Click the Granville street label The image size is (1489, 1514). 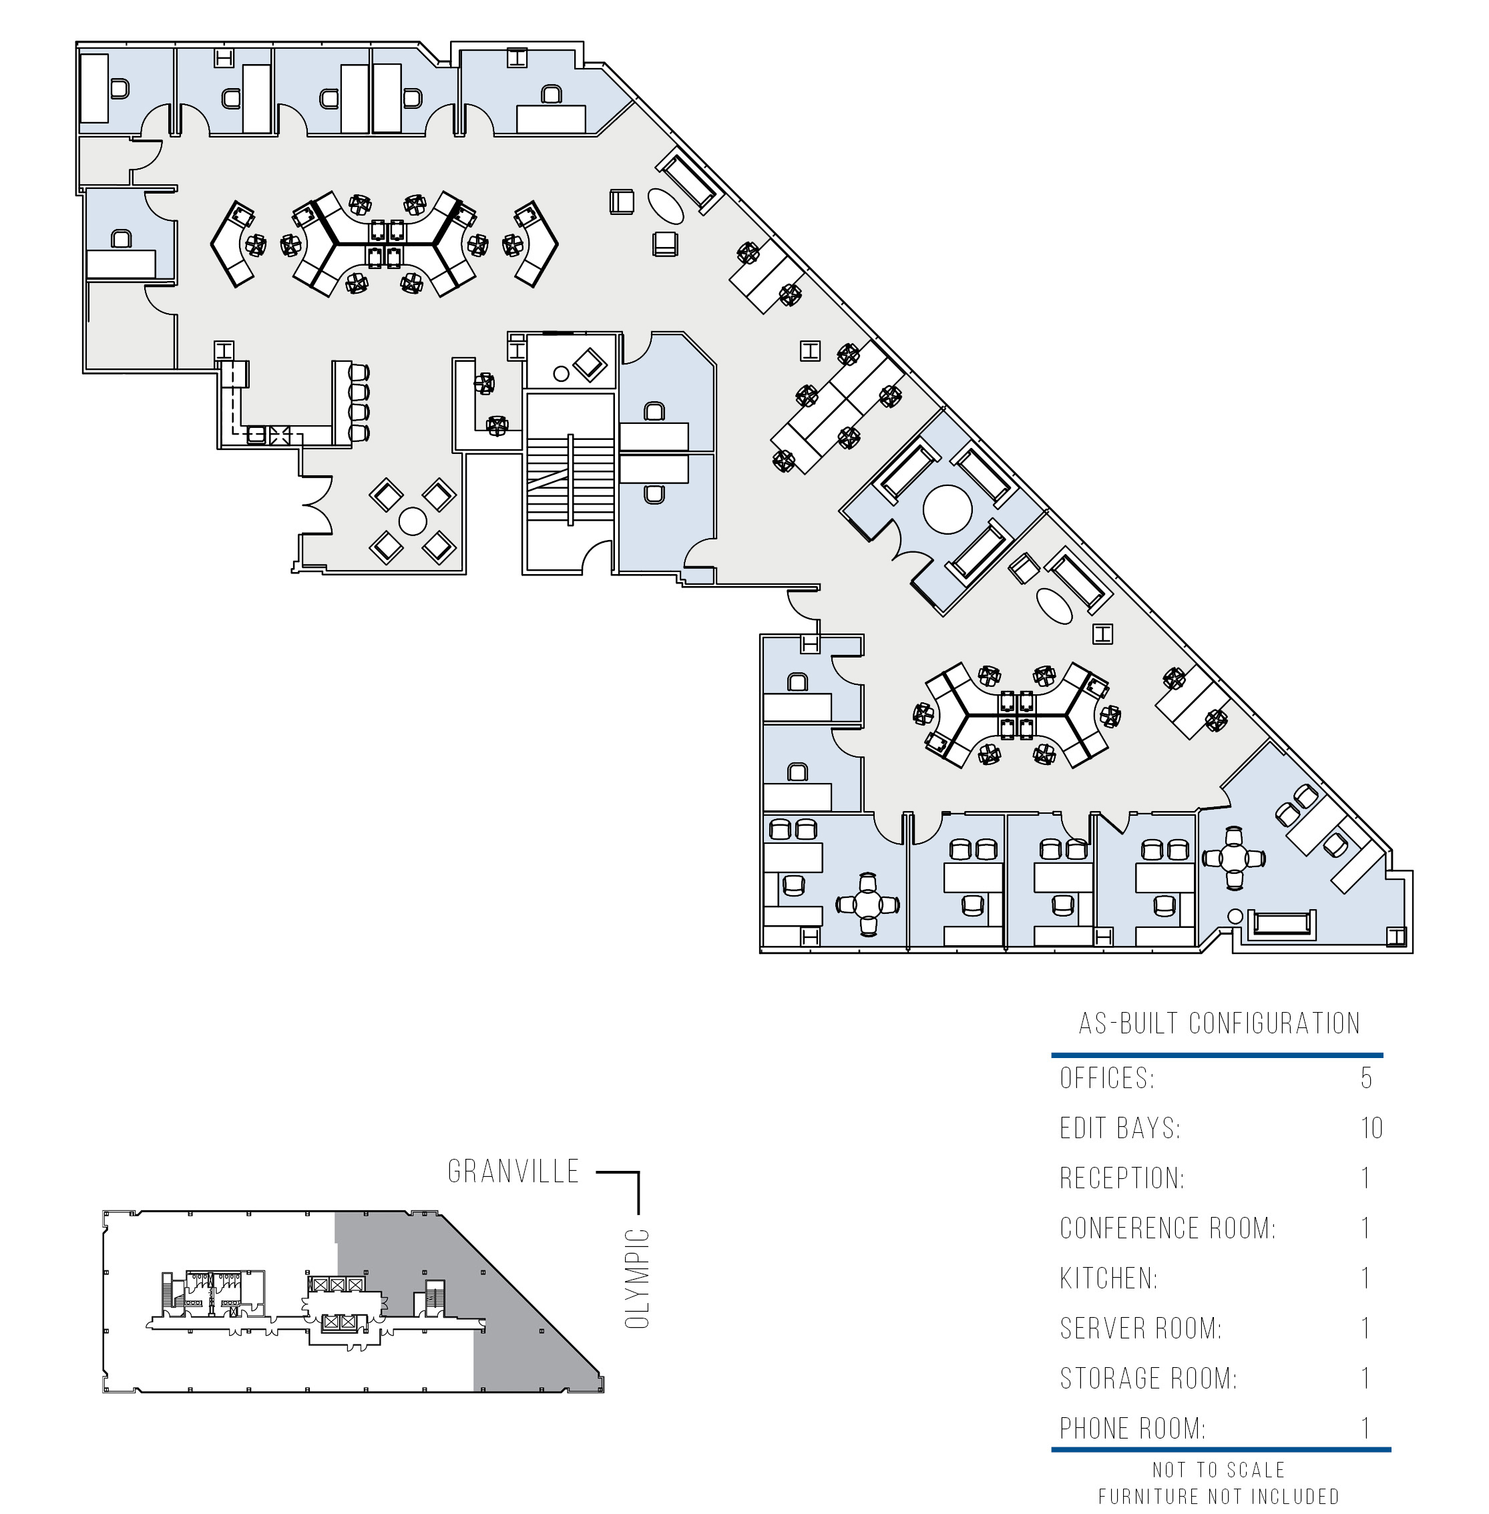[x=513, y=1171]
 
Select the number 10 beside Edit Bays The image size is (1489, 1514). [x=1371, y=1127]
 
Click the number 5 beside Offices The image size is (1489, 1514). [x=1366, y=1077]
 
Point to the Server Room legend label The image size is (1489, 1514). [x=1140, y=1328]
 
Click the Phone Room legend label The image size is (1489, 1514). [x=1132, y=1428]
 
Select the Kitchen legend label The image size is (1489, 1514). [x=1108, y=1278]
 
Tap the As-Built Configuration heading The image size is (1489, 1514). [x=1219, y=1023]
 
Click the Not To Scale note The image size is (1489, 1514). [x=1219, y=1470]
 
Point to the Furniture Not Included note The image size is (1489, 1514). [x=1219, y=1497]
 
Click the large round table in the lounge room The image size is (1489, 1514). [x=947, y=509]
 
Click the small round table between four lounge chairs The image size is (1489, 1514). [x=412, y=521]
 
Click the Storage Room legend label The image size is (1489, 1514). [x=1148, y=1378]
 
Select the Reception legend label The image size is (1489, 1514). [x=1122, y=1178]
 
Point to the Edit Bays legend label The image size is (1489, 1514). [x=1120, y=1127]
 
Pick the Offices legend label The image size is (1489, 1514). [x=1106, y=1077]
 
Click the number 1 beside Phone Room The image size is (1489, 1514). [x=1366, y=1428]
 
